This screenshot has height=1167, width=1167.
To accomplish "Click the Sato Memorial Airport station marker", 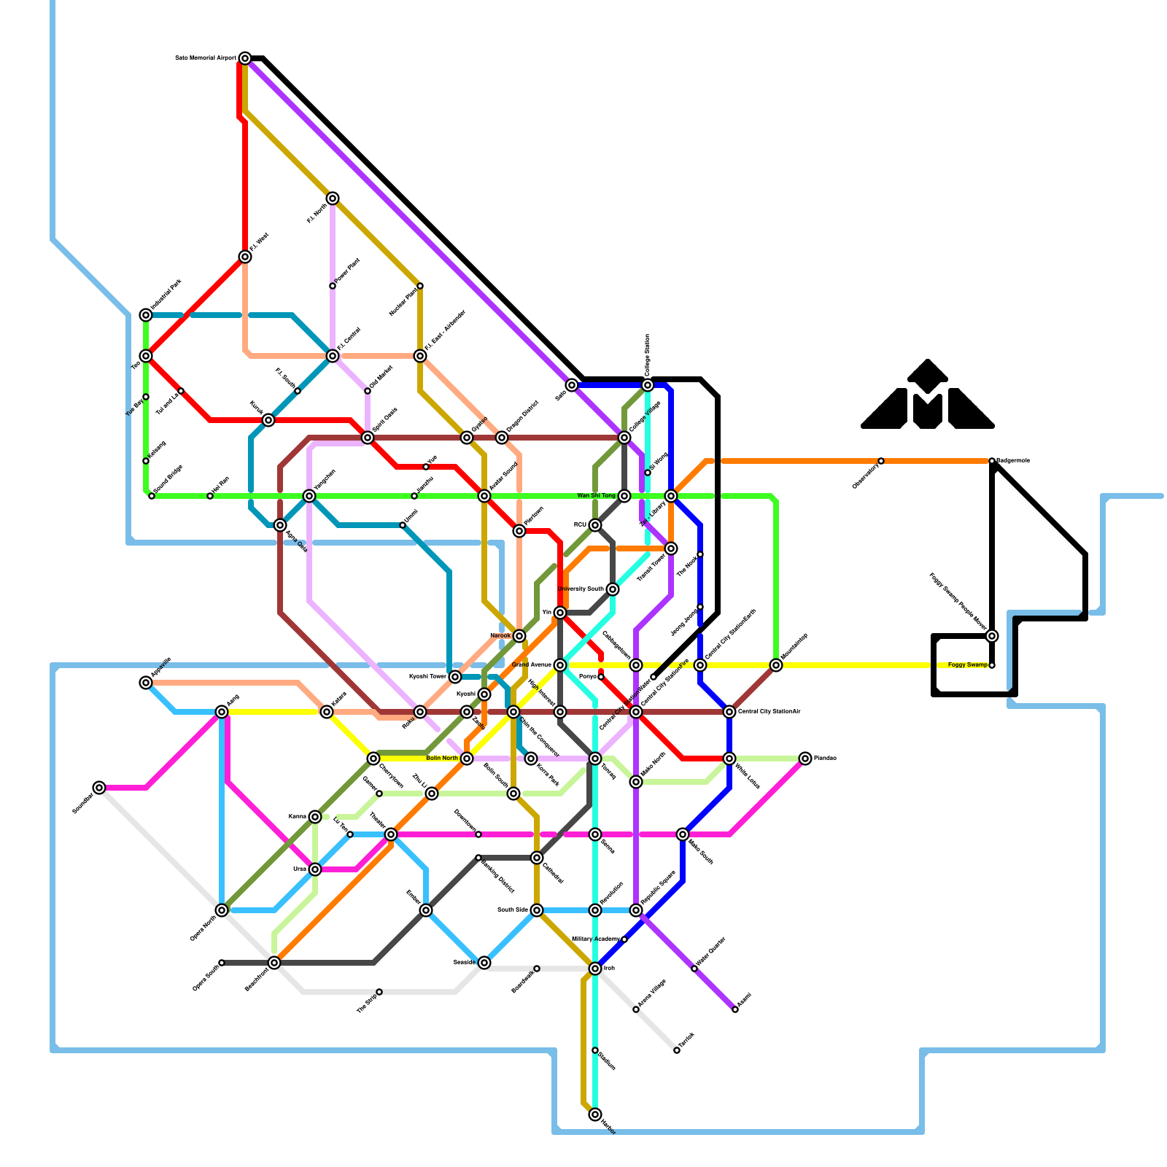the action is click(x=245, y=58).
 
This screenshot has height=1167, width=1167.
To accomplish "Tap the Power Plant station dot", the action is click(x=333, y=286).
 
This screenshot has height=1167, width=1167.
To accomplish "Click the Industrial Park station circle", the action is click(x=146, y=315).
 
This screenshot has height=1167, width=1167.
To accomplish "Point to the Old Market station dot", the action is click(x=368, y=391).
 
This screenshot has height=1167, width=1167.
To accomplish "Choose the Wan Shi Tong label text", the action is click(x=596, y=496).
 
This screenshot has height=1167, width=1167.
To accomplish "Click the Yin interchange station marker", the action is click(x=560, y=613).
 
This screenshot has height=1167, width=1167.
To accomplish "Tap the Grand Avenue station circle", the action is click(x=560, y=665).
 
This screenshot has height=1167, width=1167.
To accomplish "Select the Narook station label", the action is click(x=500, y=636).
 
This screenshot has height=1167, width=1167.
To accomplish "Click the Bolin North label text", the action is click(x=442, y=759).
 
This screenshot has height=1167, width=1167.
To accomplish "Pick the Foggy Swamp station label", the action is click(x=968, y=665).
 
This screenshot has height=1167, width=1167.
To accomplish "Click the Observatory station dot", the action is click(x=881, y=461).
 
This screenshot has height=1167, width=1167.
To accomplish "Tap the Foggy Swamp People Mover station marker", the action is click(x=992, y=636).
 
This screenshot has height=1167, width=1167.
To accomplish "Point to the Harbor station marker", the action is click(x=595, y=1114).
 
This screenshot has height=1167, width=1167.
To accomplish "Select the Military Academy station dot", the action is click(x=624, y=939).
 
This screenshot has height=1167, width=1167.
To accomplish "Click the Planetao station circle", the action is click(x=805, y=759).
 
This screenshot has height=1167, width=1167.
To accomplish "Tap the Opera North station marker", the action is click(x=222, y=910).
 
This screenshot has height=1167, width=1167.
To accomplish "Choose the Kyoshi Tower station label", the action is click(x=427, y=677).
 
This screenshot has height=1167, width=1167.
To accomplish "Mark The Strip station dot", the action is click(x=379, y=992).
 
